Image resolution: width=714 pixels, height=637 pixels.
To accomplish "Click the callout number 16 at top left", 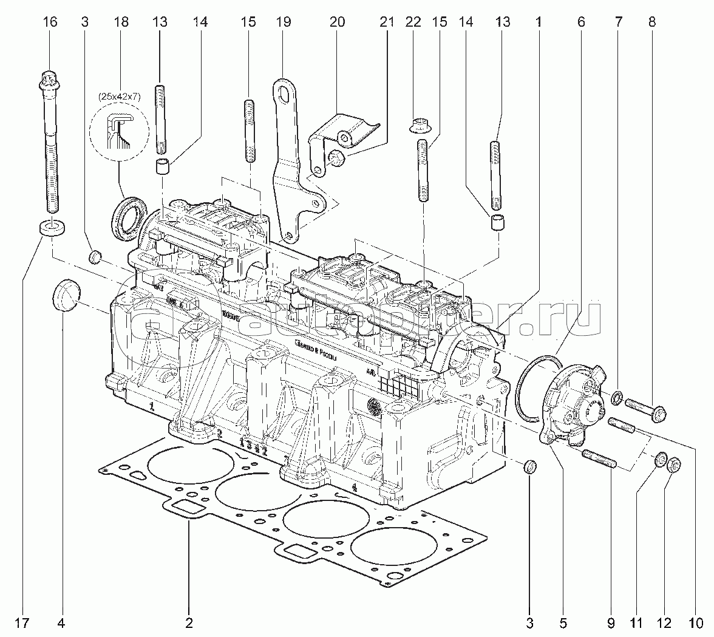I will point(50,22).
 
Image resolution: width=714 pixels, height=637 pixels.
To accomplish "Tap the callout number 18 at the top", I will point(121,22).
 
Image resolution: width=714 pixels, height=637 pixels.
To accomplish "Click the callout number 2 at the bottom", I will point(189,622).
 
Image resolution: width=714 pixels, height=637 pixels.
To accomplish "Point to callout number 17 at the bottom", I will point(22,622).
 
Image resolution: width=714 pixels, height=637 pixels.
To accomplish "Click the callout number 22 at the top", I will point(413,22).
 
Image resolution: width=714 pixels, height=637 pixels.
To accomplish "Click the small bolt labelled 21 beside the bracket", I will point(336,159).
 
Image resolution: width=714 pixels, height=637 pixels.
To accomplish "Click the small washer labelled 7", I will point(614,398).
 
